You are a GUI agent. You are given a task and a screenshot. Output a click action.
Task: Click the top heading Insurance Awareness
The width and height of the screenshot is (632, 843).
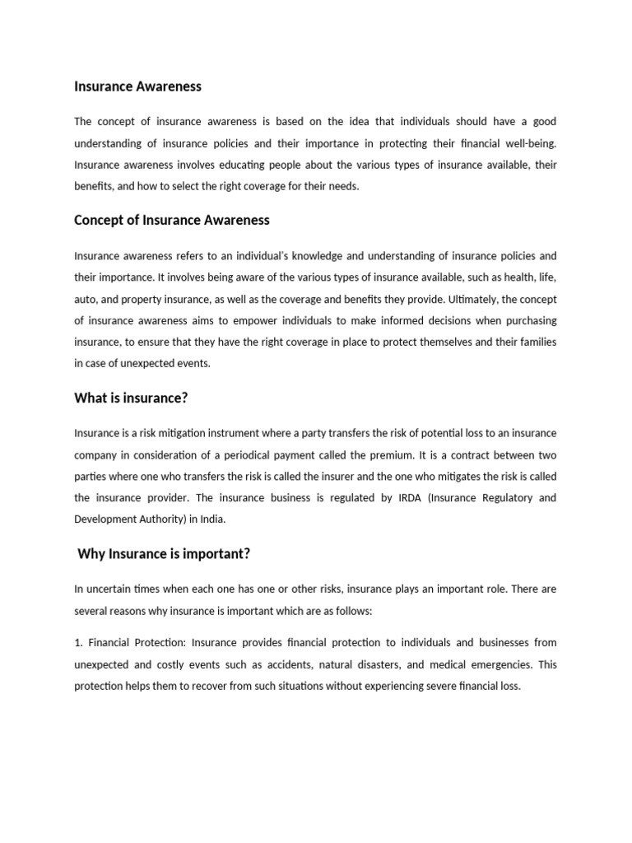(137, 86)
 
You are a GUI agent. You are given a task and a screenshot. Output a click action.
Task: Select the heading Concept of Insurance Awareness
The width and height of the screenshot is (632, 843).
(171, 221)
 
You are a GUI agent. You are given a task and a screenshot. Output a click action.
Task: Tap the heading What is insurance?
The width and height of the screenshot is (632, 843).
(131, 398)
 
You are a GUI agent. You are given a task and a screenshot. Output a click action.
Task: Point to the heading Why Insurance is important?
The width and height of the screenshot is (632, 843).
(164, 554)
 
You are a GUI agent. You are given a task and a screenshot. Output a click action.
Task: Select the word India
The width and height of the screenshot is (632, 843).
(207, 519)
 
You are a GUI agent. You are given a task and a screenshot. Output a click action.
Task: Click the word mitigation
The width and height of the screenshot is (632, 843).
(177, 433)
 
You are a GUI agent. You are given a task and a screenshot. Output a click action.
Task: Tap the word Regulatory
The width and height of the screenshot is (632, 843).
(505, 498)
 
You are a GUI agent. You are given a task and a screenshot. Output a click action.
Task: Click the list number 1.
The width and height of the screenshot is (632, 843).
(78, 643)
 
